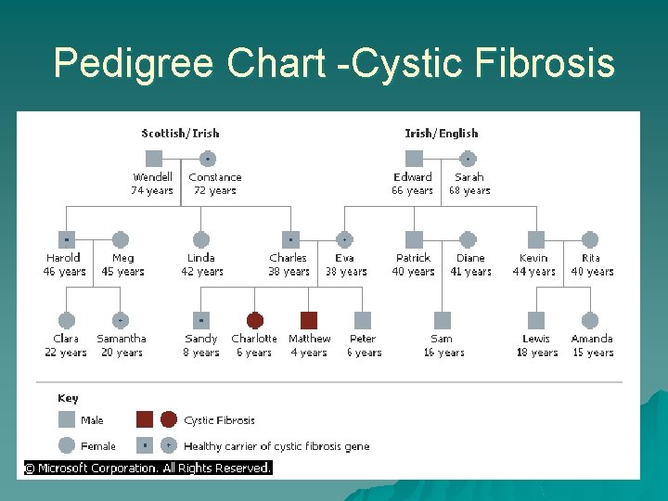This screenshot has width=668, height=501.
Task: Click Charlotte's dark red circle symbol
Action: [x=255, y=320]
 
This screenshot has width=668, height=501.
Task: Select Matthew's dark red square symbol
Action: [x=309, y=320]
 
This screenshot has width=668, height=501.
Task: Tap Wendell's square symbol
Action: [x=154, y=159]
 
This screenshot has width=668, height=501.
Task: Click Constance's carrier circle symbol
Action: [x=208, y=159]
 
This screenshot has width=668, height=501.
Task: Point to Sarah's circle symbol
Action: [x=469, y=159]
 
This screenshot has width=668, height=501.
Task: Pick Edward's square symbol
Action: [x=415, y=159]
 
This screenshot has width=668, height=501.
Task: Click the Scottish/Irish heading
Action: [x=180, y=134]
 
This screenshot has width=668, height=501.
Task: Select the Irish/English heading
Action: [x=441, y=134]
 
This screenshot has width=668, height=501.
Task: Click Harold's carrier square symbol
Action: [x=67, y=239]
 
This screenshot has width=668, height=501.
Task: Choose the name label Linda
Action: [x=201, y=258]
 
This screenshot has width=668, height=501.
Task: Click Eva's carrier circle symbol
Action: [x=345, y=239]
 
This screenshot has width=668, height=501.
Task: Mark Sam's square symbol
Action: [x=443, y=320]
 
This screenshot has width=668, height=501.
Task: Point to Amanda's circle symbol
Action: [x=591, y=320]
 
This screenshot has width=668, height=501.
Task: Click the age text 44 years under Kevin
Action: [x=534, y=272]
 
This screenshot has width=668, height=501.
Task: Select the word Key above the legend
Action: [x=68, y=398]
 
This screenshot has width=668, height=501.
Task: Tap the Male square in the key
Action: [x=67, y=420]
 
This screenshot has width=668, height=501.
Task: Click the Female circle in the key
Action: [x=67, y=444]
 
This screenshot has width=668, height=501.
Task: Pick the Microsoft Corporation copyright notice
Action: [x=148, y=469]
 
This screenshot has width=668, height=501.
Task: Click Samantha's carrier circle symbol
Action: [x=121, y=320]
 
